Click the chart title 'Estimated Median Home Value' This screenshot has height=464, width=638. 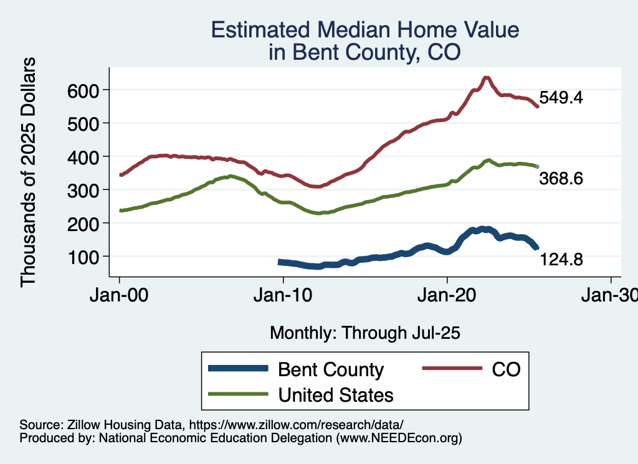click(364, 30)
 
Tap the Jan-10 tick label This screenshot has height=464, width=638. click(283, 296)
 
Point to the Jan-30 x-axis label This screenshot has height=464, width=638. click(610, 296)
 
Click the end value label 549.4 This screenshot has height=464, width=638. click(561, 98)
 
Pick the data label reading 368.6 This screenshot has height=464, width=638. click(561, 179)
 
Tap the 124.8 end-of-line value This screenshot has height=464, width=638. click(561, 260)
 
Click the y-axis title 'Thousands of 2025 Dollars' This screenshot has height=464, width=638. click(29, 172)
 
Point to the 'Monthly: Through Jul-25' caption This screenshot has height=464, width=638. click(364, 333)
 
